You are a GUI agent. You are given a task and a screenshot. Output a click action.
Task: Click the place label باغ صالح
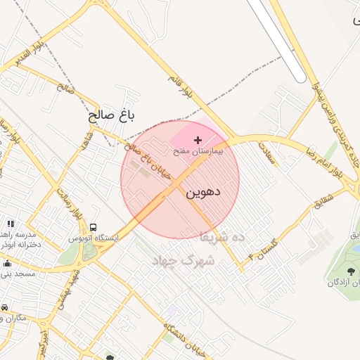[111, 114]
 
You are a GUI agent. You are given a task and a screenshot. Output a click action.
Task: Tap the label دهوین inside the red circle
[204, 191]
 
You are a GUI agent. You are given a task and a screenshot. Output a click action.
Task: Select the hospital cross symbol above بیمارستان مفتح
[198, 141]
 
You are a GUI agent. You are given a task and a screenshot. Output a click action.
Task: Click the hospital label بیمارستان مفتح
[198, 151]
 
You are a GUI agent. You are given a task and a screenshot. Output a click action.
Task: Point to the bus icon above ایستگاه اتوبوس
[94, 227]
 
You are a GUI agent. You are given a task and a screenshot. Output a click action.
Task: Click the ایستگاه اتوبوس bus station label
[94, 238]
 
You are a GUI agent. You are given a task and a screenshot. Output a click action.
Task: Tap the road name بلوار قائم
[180, 84]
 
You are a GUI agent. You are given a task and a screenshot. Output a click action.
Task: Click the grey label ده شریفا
[223, 238]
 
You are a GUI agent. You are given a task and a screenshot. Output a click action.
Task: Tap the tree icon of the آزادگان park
[352, 270]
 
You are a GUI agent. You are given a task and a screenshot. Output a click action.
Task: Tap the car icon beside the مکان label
[4, 308]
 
